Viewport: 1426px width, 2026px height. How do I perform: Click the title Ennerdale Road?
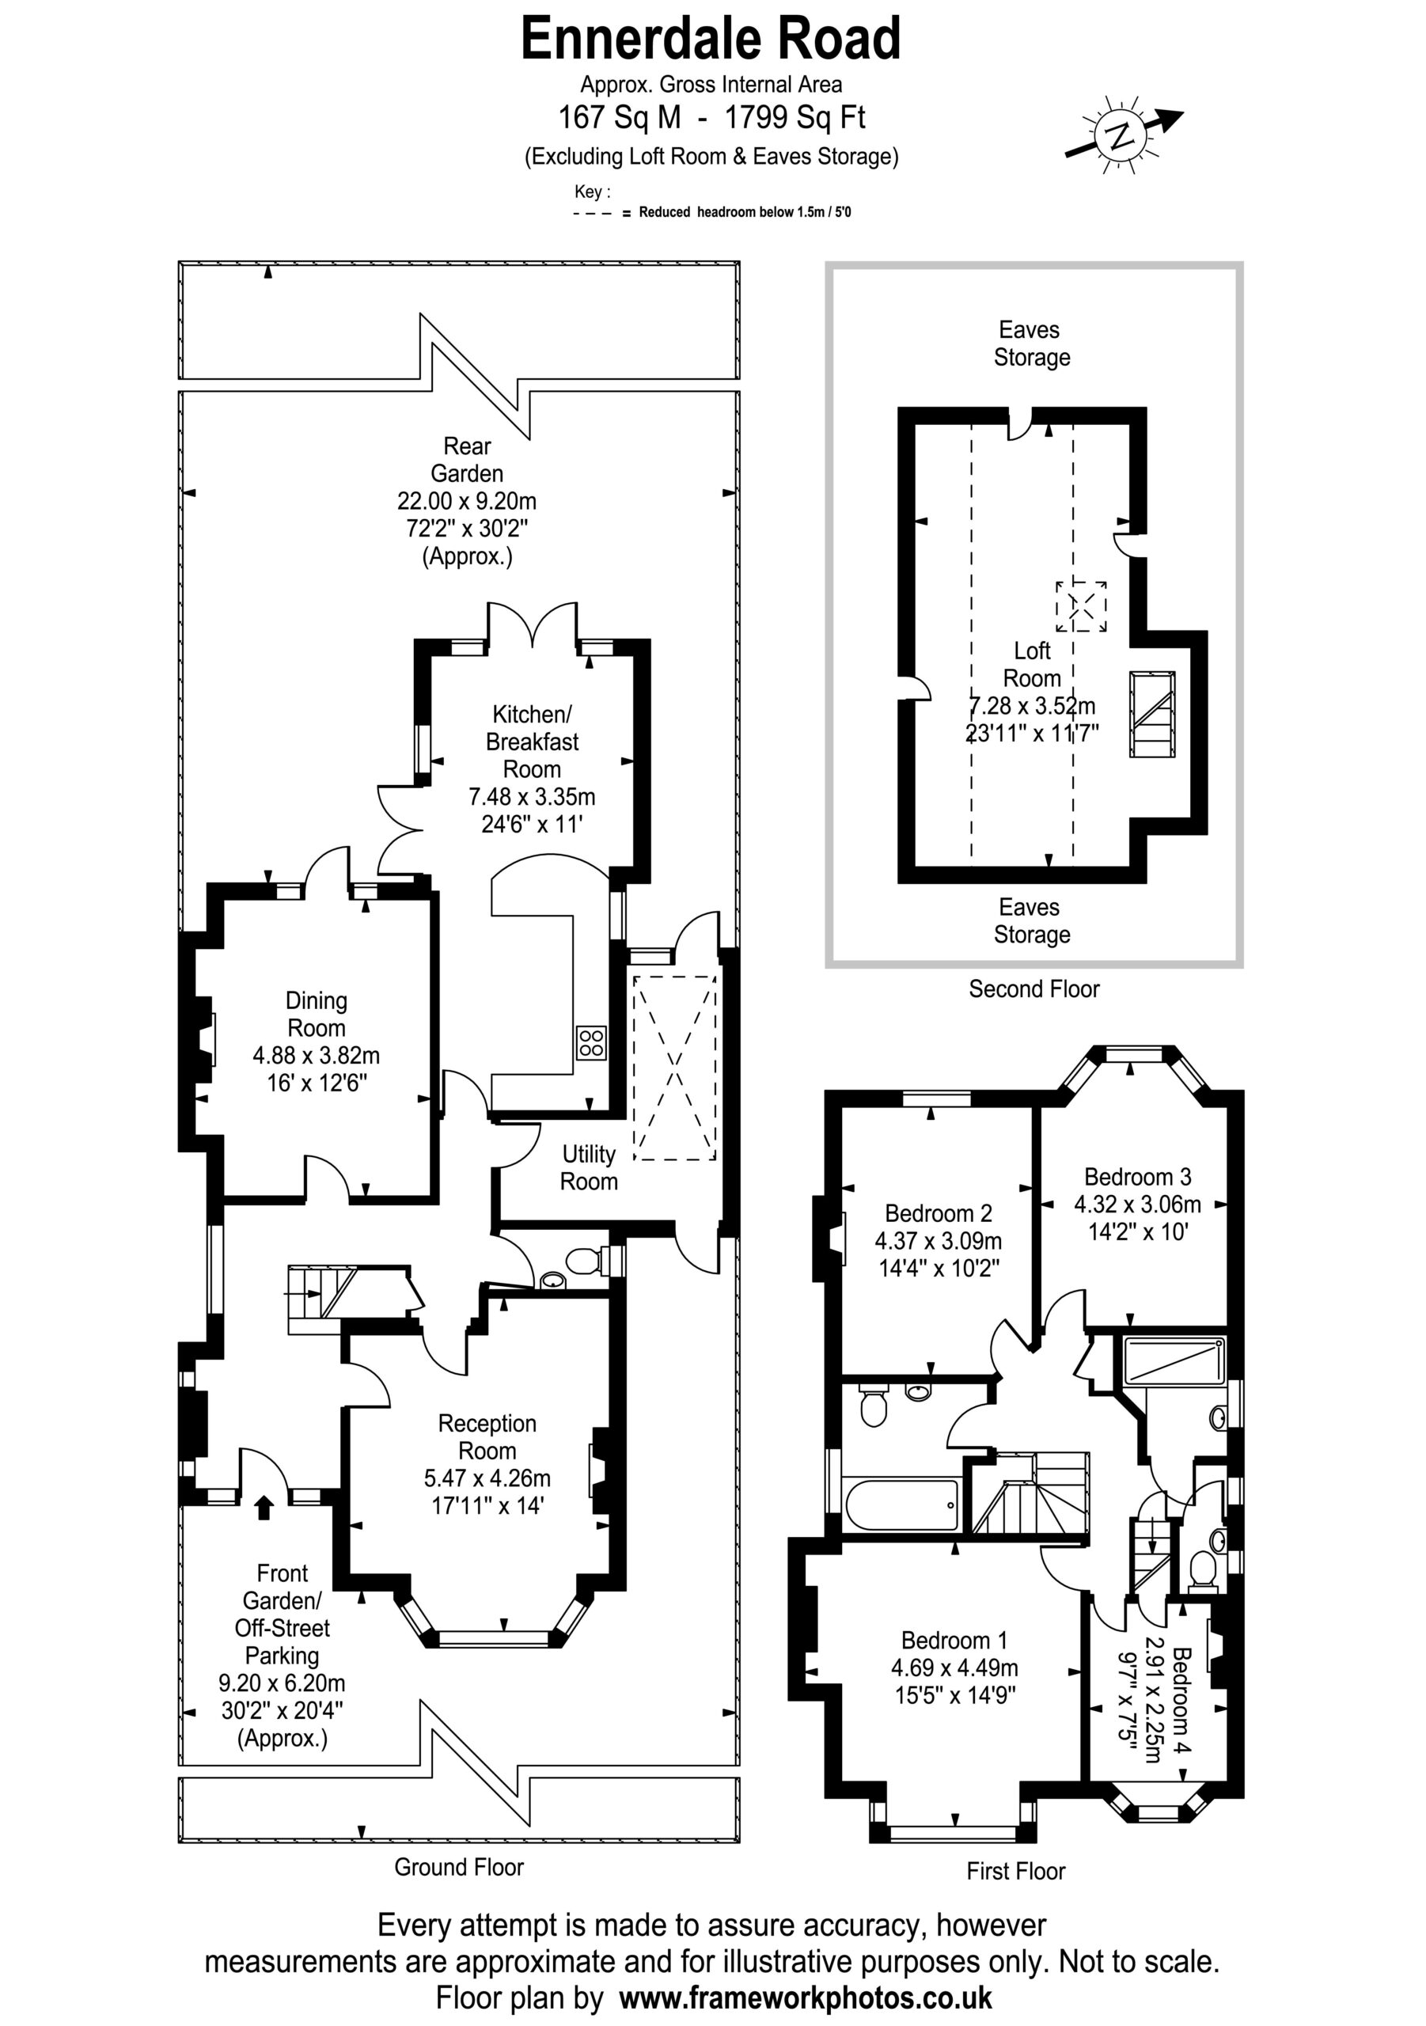(x=711, y=40)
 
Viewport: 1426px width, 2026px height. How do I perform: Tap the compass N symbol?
(x=1121, y=136)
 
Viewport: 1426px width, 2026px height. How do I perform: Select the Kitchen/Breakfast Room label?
(x=531, y=742)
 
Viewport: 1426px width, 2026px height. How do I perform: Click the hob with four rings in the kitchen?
(x=591, y=1043)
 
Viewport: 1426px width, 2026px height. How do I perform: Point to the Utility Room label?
(x=589, y=1167)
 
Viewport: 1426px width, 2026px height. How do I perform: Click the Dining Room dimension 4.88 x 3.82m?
(x=316, y=1056)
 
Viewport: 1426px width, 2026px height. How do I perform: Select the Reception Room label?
(x=487, y=1436)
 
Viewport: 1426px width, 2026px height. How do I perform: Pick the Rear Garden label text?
(x=467, y=460)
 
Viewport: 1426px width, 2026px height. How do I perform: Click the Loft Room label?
(x=1032, y=665)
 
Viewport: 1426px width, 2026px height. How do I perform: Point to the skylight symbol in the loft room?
(x=1082, y=606)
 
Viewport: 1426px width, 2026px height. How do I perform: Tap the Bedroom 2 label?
(x=938, y=1213)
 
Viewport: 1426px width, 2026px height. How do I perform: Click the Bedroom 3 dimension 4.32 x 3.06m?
(x=1137, y=1205)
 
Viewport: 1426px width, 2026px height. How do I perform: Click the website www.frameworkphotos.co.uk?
(x=806, y=1997)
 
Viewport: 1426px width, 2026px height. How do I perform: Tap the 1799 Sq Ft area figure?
(x=795, y=117)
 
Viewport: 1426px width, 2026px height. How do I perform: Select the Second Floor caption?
(x=1034, y=989)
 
